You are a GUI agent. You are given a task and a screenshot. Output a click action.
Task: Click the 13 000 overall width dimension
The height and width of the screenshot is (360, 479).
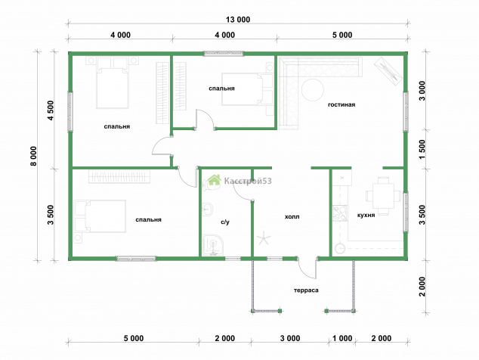[238, 20]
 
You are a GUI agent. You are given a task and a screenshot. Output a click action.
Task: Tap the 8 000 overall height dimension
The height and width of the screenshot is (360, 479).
[33, 156]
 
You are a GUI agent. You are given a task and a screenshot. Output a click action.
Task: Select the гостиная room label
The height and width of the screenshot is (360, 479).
[341, 104]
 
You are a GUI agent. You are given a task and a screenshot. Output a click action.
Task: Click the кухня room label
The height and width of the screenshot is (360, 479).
[366, 216]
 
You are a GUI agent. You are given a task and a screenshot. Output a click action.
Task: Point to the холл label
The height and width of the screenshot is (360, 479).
[292, 217]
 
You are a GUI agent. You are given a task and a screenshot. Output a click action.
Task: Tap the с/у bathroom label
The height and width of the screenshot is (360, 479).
[225, 222]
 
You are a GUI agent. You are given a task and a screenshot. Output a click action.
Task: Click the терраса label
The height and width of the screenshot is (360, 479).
[306, 290]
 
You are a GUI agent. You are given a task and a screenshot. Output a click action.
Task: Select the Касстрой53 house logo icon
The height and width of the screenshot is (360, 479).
[214, 180]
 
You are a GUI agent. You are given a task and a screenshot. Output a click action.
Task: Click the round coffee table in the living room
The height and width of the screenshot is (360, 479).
[313, 90]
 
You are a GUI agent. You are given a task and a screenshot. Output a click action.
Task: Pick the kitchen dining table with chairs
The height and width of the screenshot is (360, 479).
[383, 196]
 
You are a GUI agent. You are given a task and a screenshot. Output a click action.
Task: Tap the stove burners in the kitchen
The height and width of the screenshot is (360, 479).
[340, 213]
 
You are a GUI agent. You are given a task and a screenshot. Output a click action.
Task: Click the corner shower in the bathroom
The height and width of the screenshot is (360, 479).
[213, 245]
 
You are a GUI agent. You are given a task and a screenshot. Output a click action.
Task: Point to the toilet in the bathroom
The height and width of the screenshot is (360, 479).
[211, 185]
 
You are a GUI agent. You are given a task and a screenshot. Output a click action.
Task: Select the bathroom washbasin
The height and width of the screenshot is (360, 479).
[208, 209]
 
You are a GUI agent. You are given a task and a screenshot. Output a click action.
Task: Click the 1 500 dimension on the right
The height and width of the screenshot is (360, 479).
[422, 149]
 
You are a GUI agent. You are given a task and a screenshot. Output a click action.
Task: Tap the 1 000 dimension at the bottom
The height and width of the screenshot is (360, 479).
[342, 338]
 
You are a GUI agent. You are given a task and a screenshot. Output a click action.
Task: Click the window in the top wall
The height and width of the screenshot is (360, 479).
[224, 54]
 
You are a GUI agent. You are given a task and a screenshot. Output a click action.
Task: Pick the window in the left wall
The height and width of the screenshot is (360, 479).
[70, 112]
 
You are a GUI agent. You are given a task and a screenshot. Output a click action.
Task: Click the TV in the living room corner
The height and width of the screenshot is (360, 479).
[388, 70]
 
